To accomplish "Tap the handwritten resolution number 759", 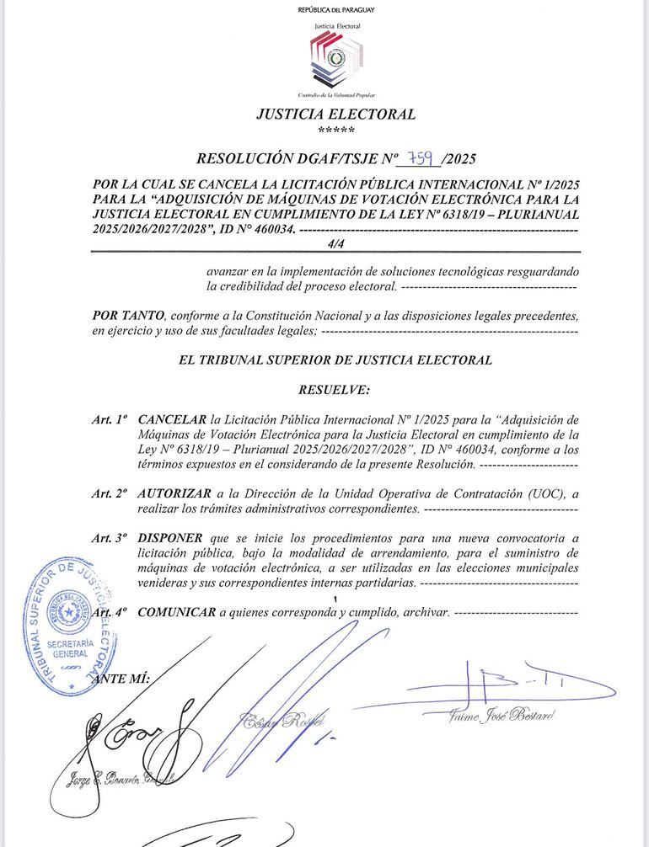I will pyautogui.click(x=420, y=157).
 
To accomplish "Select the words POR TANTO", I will pyautogui.click(x=128, y=316).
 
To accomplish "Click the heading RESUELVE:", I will pyautogui.click(x=335, y=391).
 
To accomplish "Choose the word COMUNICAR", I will pyautogui.click(x=176, y=613).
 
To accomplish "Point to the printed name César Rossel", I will pyautogui.click(x=283, y=720).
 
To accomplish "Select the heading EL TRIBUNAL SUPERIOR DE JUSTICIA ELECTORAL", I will pyautogui.click(x=335, y=360).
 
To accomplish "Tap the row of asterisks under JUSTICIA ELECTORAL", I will pyautogui.click(x=336, y=131).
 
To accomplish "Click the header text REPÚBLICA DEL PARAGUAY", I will pyautogui.click(x=336, y=9).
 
